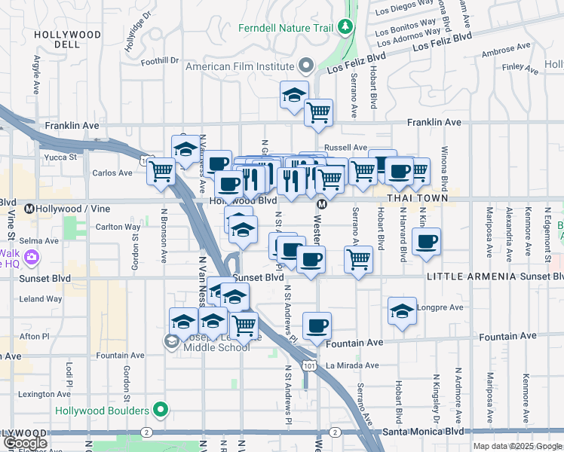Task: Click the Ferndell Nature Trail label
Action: click(274, 28)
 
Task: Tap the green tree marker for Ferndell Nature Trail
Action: click(346, 28)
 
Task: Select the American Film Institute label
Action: click(241, 66)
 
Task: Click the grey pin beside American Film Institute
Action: click(305, 66)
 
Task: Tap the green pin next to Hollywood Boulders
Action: click(160, 411)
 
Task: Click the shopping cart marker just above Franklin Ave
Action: click(318, 112)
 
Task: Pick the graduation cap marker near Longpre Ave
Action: click(402, 310)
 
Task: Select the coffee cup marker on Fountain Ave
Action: click(317, 325)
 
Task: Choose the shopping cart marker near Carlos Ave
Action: click(161, 171)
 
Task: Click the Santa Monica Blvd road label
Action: click(423, 432)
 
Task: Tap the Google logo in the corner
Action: click(24, 443)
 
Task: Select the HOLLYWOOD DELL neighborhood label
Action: click(68, 39)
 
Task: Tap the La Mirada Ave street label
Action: click(351, 365)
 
